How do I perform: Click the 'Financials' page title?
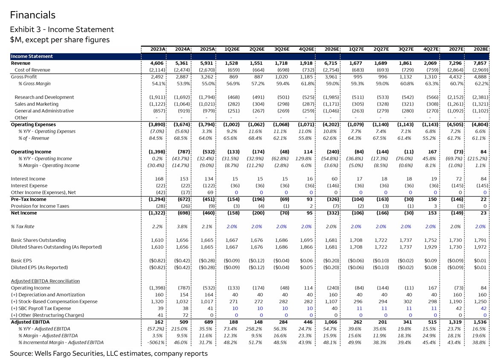pos(32,15)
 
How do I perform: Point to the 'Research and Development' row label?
pos(44,97)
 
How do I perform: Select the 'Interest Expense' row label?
pos(29,186)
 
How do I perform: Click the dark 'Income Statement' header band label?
pos(32,56)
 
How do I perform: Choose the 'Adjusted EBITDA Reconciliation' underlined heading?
pos(45,281)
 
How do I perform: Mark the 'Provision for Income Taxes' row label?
pos(40,206)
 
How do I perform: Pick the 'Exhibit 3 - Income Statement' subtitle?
pos(62,29)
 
